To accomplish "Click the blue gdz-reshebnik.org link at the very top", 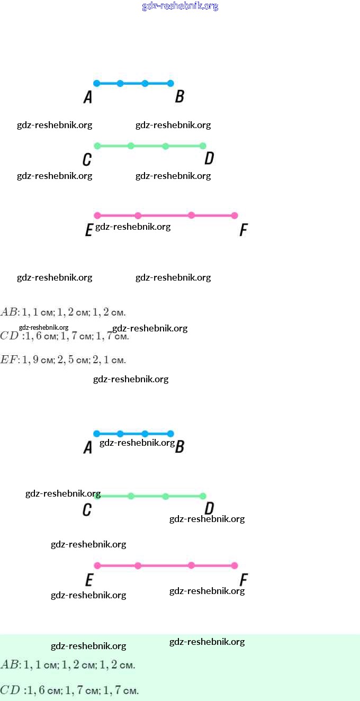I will tap(180, 6).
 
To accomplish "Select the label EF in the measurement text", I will tap(9, 360).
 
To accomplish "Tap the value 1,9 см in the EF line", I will tap(38, 360).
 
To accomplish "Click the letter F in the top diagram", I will tap(244, 230).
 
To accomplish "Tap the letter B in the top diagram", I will tap(179, 96).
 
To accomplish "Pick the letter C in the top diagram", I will tap(87, 159).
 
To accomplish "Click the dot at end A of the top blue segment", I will tap(96, 83).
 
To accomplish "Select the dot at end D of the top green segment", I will tap(203, 146).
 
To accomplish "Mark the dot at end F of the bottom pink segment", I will tap(235, 565).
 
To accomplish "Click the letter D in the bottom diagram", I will tap(209, 509).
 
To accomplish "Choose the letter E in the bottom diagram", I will tap(89, 580).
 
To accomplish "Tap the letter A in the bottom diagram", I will tap(88, 447).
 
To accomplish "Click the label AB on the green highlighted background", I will tap(10, 664).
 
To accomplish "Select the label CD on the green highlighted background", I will tap(10, 690).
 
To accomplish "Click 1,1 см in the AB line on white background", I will tap(39, 311).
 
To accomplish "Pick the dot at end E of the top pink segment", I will tap(97, 215).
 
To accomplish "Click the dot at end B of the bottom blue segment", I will tap(170, 434).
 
